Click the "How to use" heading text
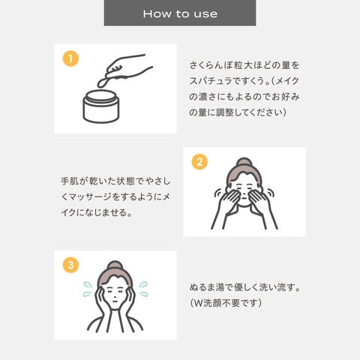(x=180, y=13)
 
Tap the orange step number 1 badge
(x=70, y=58)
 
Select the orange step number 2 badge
(x=199, y=162)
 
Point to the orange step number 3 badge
(x=70, y=265)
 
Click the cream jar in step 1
(x=101, y=106)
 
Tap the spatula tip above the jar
(x=102, y=83)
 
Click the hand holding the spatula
(x=128, y=66)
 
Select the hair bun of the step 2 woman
(x=244, y=162)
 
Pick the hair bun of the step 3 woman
(x=115, y=265)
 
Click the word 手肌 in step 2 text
(x=70, y=181)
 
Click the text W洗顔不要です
(x=226, y=303)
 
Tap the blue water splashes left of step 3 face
(x=87, y=289)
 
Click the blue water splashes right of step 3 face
(x=143, y=289)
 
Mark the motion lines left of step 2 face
(x=218, y=193)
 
